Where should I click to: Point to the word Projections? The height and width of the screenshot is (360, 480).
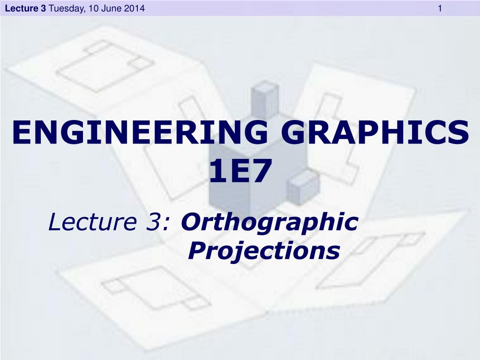(x=263, y=251)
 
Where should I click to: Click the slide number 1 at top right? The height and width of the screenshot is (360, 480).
(x=440, y=8)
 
